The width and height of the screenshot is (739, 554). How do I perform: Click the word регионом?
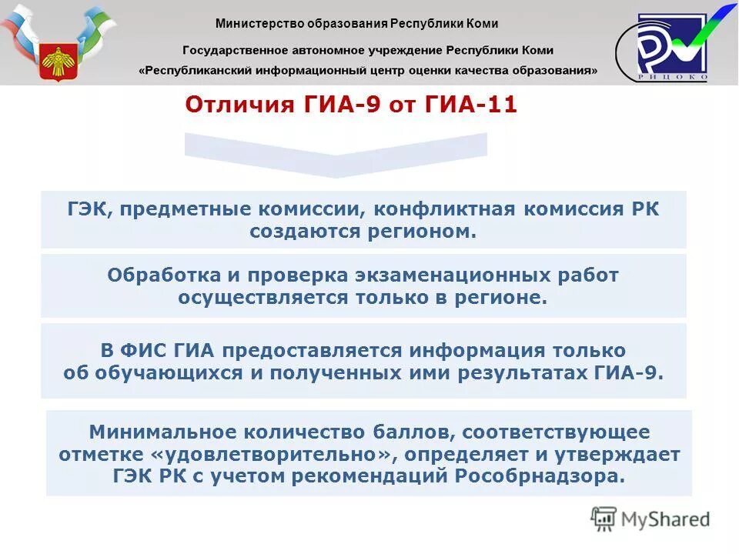422,232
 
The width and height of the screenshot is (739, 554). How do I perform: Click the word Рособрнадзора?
541,476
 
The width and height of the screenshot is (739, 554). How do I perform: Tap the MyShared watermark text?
665,519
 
